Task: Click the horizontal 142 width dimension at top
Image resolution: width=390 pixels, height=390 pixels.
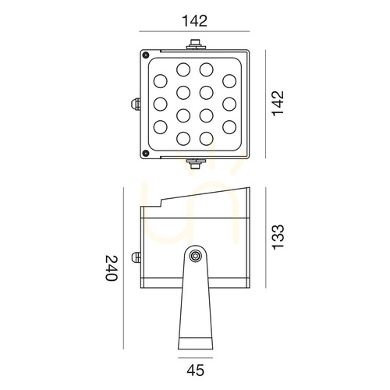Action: pyautogui.click(x=195, y=21)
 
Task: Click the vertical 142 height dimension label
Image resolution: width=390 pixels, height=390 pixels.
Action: pyautogui.click(x=278, y=104)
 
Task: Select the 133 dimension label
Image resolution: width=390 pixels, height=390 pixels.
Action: pyautogui.click(x=278, y=237)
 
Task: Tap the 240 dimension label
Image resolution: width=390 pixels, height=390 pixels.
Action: pyautogui.click(x=112, y=268)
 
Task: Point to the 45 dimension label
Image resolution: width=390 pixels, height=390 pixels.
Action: pyautogui.click(x=196, y=370)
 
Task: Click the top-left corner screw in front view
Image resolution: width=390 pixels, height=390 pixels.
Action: pyautogui.click(x=146, y=55)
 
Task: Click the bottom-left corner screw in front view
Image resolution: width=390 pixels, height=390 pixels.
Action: pyautogui.click(x=146, y=153)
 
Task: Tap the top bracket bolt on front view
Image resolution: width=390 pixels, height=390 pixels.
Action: pyautogui.click(x=196, y=44)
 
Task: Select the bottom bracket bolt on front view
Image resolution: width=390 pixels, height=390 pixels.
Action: pyautogui.click(x=196, y=164)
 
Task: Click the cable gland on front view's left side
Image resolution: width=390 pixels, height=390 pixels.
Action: pyautogui.click(x=136, y=104)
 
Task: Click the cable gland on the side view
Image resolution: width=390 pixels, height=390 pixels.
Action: pyautogui.click(x=136, y=257)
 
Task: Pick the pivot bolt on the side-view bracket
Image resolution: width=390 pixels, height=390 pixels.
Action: pyautogui.click(x=195, y=256)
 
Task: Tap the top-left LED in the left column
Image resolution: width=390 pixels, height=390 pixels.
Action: pyautogui.click(x=161, y=81)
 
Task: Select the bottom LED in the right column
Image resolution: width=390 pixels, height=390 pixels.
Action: pyautogui.click(x=229, y=127)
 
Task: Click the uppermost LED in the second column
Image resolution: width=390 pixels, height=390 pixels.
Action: pyautogui.click(x=183, y=69)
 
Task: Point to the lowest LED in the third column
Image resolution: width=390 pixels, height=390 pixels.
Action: pyautogui.click(x=207, y=139)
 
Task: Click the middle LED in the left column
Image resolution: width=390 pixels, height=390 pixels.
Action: pyautogui.click(x=161, y=104)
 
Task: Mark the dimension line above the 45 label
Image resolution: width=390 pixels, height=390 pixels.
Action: pyautogui.click(x=196, y=358)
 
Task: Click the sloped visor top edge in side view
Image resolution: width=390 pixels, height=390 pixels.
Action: pyautogui.click(x=205, y=193)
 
